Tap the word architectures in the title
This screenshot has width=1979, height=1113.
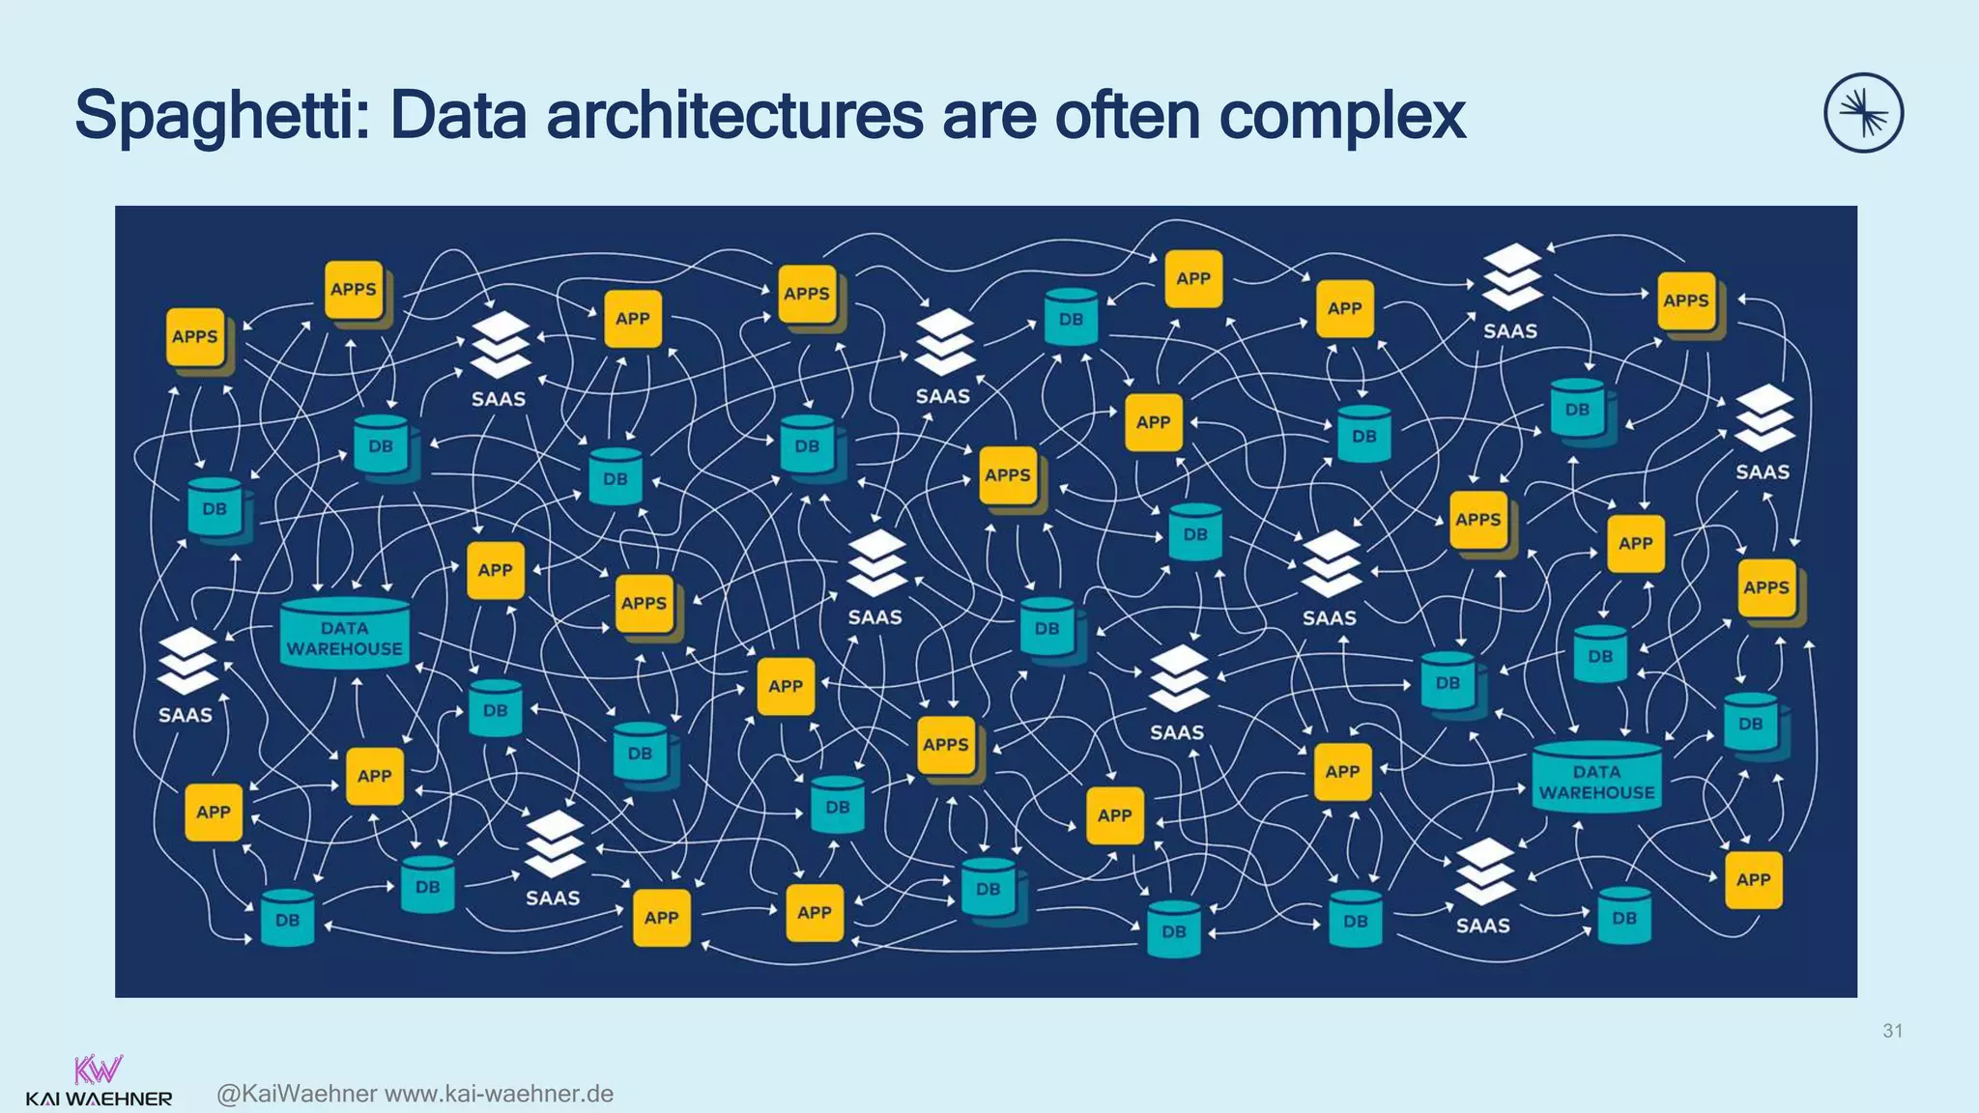coord(733,116)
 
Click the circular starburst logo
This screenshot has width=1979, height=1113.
coord(1863,113)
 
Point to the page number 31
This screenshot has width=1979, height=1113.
coord(1892,1031)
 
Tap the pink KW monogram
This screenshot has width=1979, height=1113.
coord(99,1070)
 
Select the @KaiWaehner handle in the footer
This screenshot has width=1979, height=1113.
coord(297,1094)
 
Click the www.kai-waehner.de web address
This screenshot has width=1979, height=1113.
coord(500,1094)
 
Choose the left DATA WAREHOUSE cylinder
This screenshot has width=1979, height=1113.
coord(345,634)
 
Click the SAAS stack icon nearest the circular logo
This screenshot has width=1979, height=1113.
coord(1764,418)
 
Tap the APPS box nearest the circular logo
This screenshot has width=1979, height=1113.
coord(1686,301)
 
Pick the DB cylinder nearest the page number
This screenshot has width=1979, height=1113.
coord(1624,915)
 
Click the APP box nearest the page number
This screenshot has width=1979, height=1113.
coord(1753,879)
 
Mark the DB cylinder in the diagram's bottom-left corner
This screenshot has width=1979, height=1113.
coord(287,917)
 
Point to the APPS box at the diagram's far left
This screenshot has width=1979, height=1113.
coord(195,337)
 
